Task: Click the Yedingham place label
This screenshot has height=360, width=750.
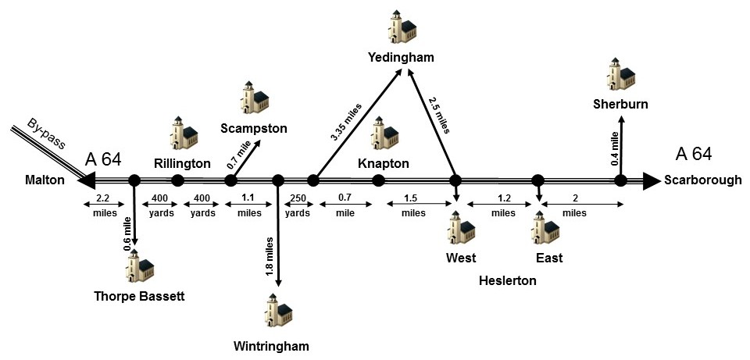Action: coord(402,58)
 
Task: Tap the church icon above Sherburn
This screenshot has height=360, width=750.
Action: coord(621,73)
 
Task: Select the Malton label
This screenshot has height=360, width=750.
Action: coord(45,180)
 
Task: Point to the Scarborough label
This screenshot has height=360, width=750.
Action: coord(702,180)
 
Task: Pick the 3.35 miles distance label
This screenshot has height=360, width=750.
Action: coord(347,122)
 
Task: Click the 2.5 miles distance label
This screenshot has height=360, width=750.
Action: coord(439,115)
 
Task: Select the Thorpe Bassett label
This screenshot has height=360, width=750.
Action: coord(139,297)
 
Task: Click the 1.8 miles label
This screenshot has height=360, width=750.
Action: coord(270,256)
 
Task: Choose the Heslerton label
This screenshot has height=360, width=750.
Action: coord(508,280)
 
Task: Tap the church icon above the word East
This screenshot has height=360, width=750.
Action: coord(545,227)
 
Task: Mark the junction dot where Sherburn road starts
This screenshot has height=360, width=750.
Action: coord(621,180)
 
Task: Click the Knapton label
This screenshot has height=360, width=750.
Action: coord(384,163)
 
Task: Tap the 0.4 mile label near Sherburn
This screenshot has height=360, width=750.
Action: coord(616,148)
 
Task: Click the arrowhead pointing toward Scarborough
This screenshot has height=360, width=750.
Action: coord(652,180)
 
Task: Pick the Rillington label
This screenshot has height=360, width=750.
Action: coord(182,163)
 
